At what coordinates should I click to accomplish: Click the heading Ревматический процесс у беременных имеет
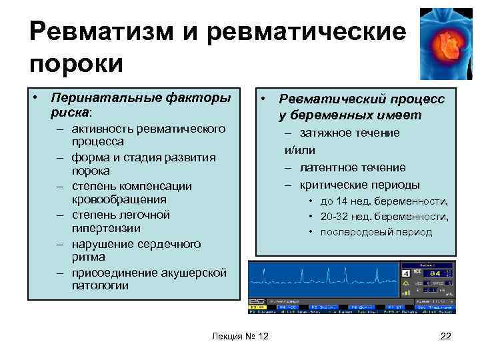click(x=361, y=107)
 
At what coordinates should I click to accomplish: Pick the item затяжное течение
click(x=349, y=133)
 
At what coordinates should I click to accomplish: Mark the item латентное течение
click(x=352, y=167)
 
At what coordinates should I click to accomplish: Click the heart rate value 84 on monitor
click(x=435, y=273)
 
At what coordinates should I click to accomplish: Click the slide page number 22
click(x=446, y=335)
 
